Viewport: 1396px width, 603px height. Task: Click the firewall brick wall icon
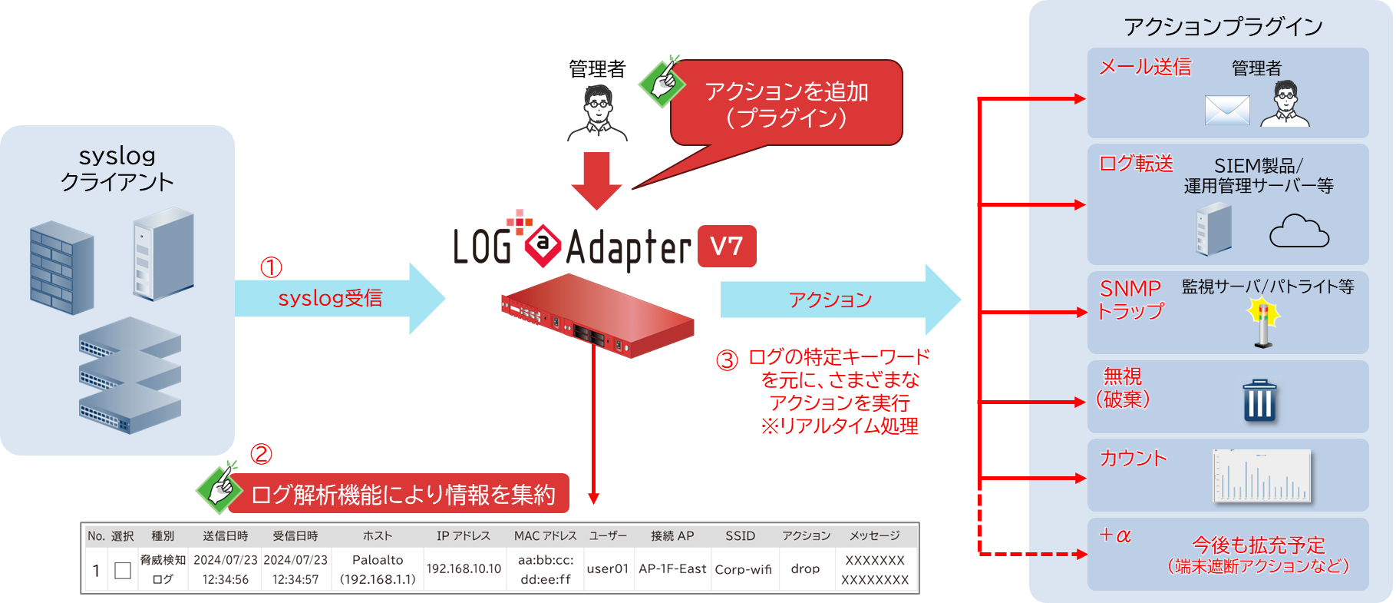[x=61, y=268]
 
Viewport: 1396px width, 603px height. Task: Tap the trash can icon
[x=1259, y=400]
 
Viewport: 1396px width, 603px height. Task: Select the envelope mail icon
[x=1227, y=110]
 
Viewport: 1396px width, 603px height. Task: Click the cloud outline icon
[x=1299, y=232]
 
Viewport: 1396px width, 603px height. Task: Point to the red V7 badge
[x=726, y=247]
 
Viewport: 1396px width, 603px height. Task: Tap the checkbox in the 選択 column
[x=123, y=570]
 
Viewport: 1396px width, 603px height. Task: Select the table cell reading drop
[x=805, y=569]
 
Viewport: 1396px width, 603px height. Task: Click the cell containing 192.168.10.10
[x=464, y=569]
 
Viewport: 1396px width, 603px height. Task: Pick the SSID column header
[x=740, y=536]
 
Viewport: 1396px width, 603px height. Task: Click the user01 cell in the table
[x=607, y=569]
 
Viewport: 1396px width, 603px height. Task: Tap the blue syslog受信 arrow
[x=338, y=299]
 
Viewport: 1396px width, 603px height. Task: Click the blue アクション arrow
[x=837, y=300]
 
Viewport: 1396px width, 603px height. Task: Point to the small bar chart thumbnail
[x=1261, y=476]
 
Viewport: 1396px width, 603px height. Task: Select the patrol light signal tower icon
[x=1263, y=323]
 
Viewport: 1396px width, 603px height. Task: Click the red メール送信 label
[x=1144, y=68]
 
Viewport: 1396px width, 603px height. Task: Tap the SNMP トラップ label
[x=1130, y=300]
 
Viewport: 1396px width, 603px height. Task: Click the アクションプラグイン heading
[x=1223, y=28]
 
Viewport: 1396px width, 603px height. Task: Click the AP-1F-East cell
[x=672, y=569]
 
